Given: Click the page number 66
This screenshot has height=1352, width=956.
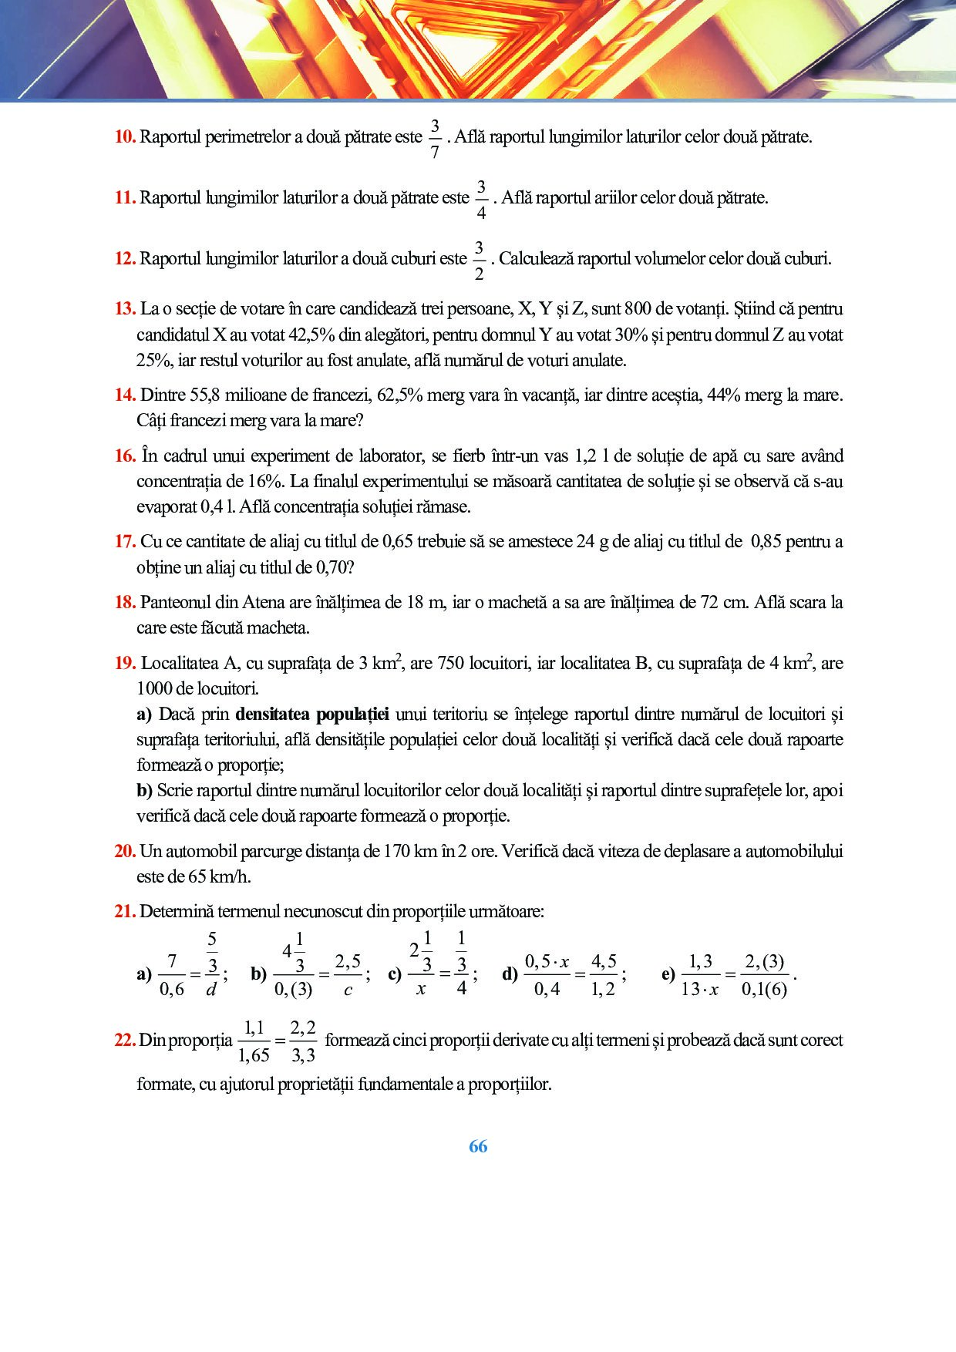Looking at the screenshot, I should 478,1146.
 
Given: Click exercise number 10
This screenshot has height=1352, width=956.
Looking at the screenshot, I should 125,137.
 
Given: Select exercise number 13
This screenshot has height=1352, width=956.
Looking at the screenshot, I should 125,309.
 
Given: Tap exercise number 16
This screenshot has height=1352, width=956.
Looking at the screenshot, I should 125,456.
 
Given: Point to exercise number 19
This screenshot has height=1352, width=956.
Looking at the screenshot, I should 125,663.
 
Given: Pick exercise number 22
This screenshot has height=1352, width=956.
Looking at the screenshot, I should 125,1040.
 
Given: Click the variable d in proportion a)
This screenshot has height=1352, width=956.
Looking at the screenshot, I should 211,990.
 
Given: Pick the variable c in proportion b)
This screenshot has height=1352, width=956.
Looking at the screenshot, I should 348,990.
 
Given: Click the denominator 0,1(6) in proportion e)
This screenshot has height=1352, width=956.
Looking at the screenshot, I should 764,989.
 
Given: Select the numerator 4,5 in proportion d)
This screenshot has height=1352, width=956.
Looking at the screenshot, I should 604,961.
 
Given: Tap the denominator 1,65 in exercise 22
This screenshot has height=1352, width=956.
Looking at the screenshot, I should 254,1055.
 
